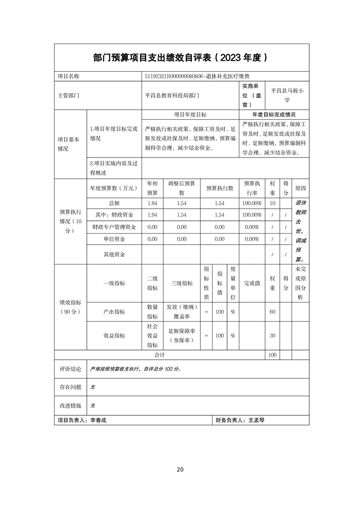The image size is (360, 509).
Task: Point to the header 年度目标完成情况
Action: coord(274,115)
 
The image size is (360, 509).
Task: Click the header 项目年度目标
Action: coord(190,115)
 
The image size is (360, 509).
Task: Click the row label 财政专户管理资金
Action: coord(114,227)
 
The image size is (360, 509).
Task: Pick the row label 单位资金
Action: coord(114,239)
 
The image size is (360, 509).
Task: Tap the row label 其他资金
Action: coord(114,254)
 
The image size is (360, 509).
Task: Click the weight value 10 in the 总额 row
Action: coord(272,203)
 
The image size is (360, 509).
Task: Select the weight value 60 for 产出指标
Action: coord(272,312)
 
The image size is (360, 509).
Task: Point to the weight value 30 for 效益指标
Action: coord(272,336)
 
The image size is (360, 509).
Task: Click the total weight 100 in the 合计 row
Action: coord(272,355)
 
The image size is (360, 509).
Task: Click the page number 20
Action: coord(180,470)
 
